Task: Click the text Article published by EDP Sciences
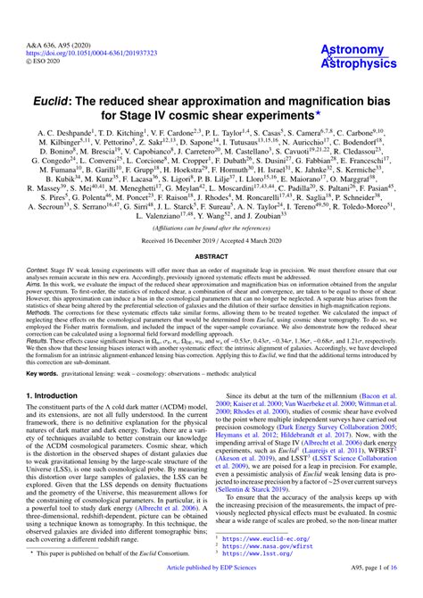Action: click(x=211, y=589)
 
